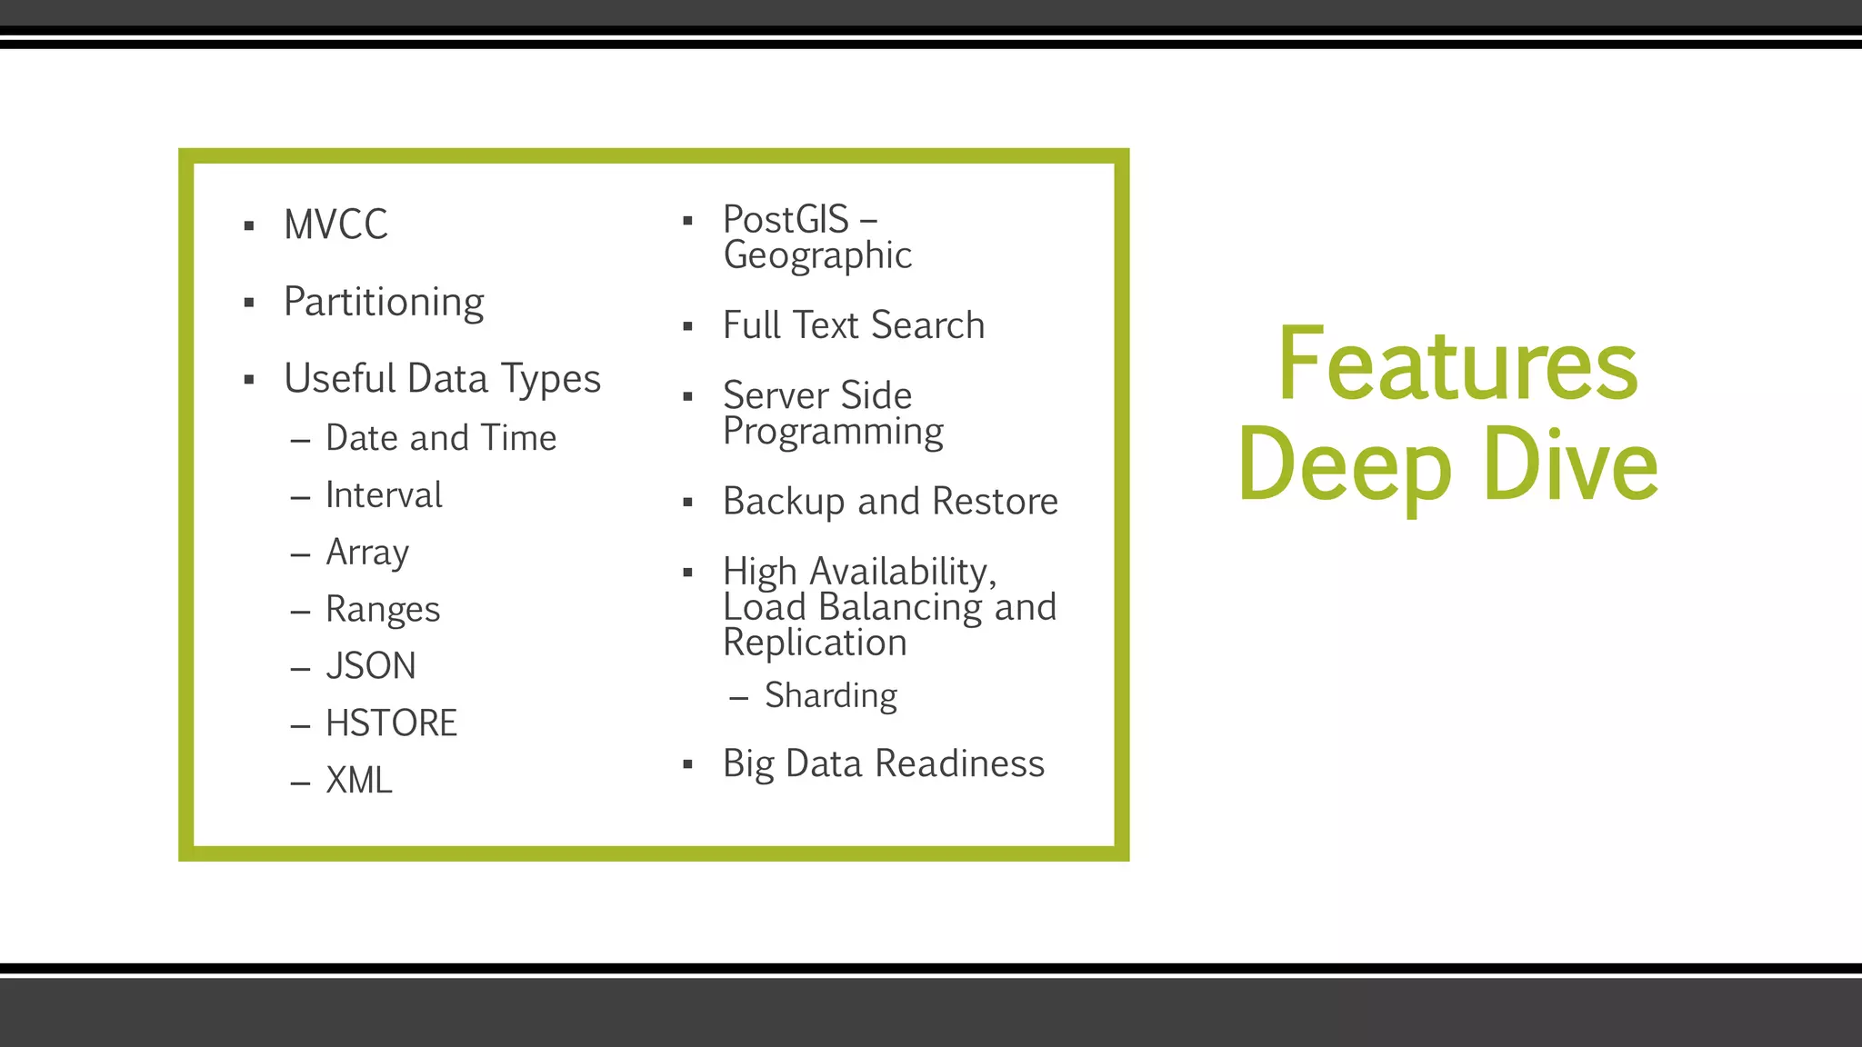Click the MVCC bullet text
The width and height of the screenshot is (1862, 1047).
[335, 224]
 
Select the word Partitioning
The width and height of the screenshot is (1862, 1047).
[384, 302]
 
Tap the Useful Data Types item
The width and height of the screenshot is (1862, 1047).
[442, 378]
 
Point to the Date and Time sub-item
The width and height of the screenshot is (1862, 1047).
[440, 438]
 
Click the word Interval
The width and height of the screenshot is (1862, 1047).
[384, 495]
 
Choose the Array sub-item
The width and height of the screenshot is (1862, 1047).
[367, 553]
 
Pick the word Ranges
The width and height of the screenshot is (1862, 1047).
[383, 610]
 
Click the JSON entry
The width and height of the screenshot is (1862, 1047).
[371, 666]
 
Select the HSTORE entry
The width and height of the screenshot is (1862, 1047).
[391, 723]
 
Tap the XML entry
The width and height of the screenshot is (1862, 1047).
[359, 781]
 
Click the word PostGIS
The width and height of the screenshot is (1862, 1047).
[786, 219]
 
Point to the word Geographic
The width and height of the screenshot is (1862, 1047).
[817, 255]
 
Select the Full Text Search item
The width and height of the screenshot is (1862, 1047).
[854, 325]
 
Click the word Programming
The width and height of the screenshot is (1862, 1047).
[833, 432]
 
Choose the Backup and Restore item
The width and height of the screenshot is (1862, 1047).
[890, 502]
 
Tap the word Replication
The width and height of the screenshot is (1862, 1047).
[815, 643]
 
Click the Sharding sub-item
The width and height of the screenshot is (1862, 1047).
[831, 695]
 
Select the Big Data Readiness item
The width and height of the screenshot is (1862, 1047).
[884, 763]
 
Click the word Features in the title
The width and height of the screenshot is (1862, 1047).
[1457, 364]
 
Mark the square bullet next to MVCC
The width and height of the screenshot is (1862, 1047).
[249, 226]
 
